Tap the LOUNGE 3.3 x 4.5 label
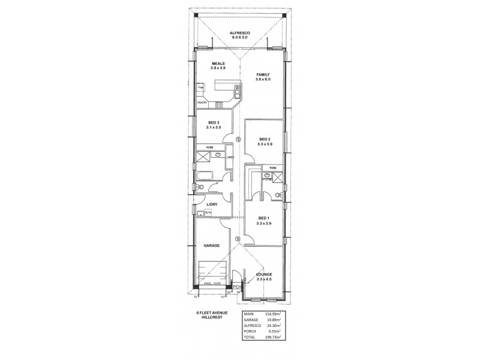(264, 277)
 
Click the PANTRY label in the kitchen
(202, 103)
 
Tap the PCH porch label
(237, 287)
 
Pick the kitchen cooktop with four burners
(220, 105)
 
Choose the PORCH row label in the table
(251, 332)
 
